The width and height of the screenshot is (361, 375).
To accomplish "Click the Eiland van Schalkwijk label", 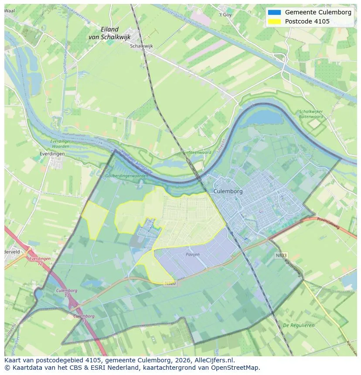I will (109, 33).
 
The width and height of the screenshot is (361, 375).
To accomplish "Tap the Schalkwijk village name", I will (142, 46).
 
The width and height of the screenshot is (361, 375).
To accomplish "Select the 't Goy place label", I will (225, 14).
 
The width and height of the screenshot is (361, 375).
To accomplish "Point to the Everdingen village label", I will (51, 154).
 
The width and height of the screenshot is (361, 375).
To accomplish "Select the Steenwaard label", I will (200, 152).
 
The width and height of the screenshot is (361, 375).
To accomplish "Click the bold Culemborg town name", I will (228, 191).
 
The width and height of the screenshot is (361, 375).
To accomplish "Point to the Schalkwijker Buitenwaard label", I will (311, 114).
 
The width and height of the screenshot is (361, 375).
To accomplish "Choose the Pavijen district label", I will (192, 254).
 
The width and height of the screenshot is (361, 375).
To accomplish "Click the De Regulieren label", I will (299, 325).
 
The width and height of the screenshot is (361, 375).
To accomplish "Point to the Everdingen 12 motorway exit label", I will (40, 261).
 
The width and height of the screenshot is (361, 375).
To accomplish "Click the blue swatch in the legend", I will (274, 12).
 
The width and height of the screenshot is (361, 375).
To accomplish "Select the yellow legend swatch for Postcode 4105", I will (274, 21).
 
